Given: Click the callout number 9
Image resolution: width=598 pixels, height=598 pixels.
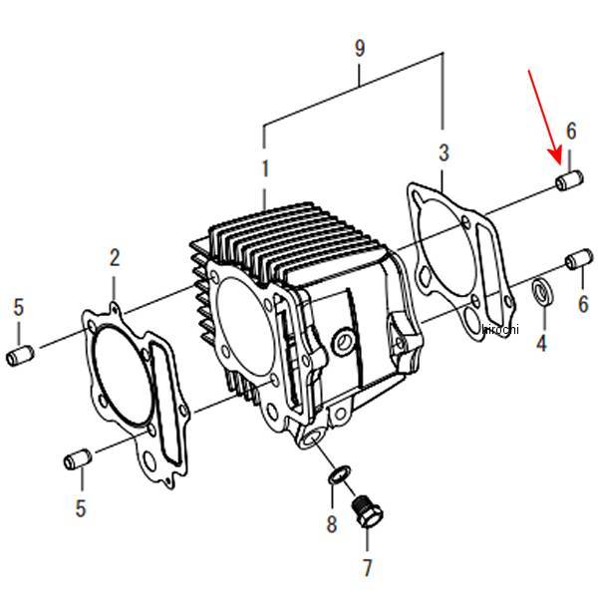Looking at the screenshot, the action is point(359,48).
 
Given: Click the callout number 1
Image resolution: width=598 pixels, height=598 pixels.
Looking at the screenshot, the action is point(265,168).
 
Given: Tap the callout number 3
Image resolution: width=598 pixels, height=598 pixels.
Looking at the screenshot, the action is point(444,152).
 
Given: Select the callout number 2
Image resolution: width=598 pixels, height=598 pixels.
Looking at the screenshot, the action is point(115,258).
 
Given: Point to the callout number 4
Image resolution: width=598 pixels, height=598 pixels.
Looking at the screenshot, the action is point(541,343).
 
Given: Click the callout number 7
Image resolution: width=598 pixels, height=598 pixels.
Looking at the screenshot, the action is point(367,568).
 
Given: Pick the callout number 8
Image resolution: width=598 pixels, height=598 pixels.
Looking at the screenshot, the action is point(332,523).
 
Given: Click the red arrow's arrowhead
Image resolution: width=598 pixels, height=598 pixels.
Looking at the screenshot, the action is point(556,157).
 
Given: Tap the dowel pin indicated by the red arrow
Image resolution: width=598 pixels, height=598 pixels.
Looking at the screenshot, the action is point(569,180).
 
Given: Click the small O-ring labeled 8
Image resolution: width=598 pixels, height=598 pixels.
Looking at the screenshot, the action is point(340,475).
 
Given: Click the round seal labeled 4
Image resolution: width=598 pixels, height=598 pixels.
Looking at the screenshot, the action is point(542,292).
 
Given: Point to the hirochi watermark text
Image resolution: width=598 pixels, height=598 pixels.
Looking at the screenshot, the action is point(500,329).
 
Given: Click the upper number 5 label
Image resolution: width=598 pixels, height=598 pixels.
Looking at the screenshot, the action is point(19,307).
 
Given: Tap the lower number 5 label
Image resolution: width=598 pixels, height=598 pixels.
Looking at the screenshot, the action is point(81,507).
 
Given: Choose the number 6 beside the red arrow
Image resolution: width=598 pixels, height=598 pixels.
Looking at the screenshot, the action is point(571,131).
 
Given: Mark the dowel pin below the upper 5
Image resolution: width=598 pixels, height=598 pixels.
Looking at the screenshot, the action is point(20,355).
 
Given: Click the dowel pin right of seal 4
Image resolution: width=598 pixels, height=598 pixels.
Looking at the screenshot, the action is point(579,259).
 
